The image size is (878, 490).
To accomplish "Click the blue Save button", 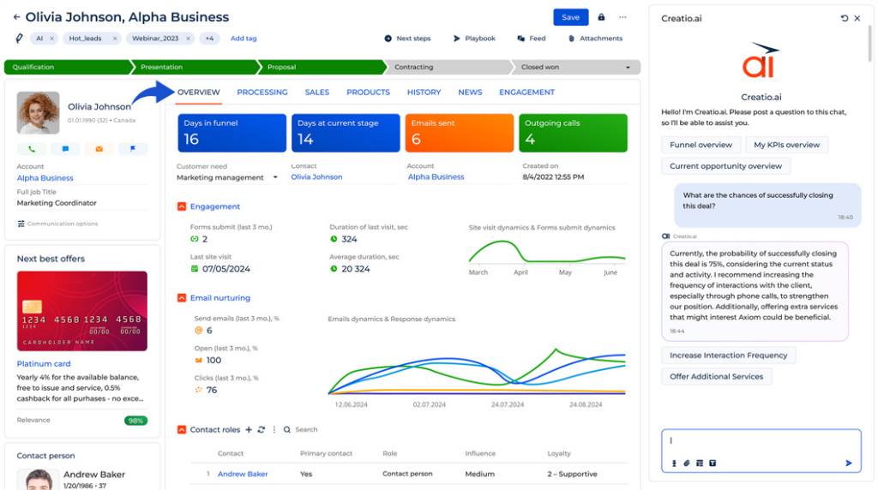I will [570, 17].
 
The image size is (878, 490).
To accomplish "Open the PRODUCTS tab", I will [368, 93].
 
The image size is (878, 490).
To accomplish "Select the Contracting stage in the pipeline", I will [446, 67].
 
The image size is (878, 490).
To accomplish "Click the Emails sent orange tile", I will [459, 133].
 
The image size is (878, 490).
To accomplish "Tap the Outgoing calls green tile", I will [573, 133].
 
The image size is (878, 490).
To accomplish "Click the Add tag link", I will [244, 39].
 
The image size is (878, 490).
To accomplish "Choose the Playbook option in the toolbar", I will [474, 39].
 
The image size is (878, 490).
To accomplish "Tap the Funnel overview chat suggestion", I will [701, 145].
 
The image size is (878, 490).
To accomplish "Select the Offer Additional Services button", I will [716, 376].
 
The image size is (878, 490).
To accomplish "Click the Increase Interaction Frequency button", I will [728, 356].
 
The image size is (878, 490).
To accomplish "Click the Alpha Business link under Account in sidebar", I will [45, 178].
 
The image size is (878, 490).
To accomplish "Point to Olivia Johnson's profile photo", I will [39, 113].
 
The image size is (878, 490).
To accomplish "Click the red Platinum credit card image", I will [82, 312].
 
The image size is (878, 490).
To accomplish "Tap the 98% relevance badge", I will [135, 421].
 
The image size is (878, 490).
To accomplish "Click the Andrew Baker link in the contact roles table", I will [243, 474].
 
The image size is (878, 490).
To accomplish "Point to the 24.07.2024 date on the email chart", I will [508, 404].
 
